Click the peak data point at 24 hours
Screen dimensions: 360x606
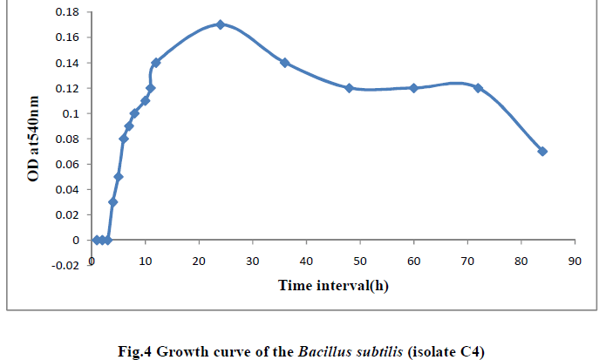(220, 24)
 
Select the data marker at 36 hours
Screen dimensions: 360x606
(284, 63)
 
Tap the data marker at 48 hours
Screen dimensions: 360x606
(349, 88)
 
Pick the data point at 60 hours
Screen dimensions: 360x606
(413, 88)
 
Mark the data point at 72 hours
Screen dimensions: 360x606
(478, 88)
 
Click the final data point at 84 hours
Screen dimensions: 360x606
(542, 151)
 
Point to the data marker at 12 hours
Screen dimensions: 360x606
(156, 63)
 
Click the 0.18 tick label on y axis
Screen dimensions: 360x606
(67, 12)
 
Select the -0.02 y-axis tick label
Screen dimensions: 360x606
(65, 265)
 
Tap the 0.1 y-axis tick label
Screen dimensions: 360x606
(71, 113)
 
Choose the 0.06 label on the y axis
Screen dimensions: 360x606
(67, 164)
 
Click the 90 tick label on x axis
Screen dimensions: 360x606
(574, 261)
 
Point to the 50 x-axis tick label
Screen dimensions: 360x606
(359, 261)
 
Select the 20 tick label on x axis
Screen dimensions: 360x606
(199, 261)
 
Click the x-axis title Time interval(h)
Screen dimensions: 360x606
(333, 285)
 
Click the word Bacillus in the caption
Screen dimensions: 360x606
(323, 352)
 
